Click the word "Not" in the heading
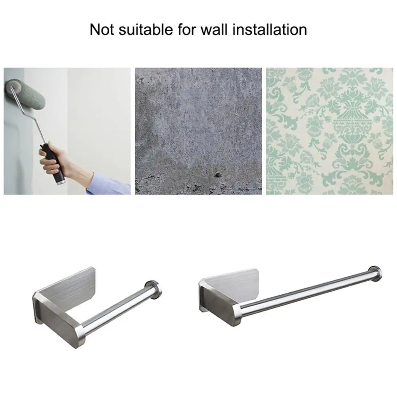pos(101,30)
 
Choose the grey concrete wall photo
pos(198,131)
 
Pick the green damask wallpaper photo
pos(329,131)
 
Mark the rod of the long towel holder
pos(309,292)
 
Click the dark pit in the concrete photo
pos(217,175)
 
